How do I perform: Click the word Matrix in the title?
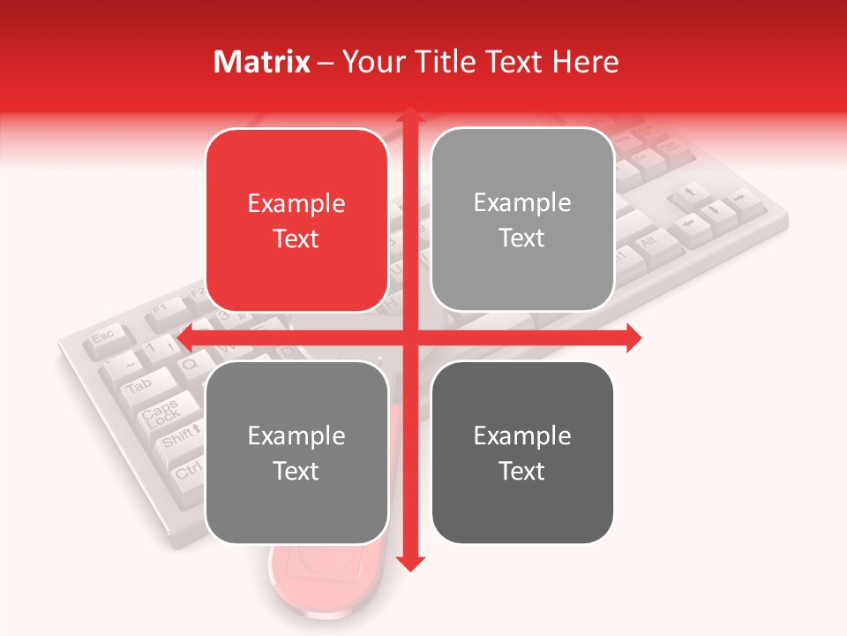262,62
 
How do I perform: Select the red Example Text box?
296,221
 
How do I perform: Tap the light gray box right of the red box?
522,220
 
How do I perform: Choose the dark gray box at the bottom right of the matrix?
522,452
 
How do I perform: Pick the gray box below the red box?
296,452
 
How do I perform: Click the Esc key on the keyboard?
103,337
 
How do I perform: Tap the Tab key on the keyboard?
139,386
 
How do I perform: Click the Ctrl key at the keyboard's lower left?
188,472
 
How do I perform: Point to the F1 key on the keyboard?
161,308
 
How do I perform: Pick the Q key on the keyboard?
189,362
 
